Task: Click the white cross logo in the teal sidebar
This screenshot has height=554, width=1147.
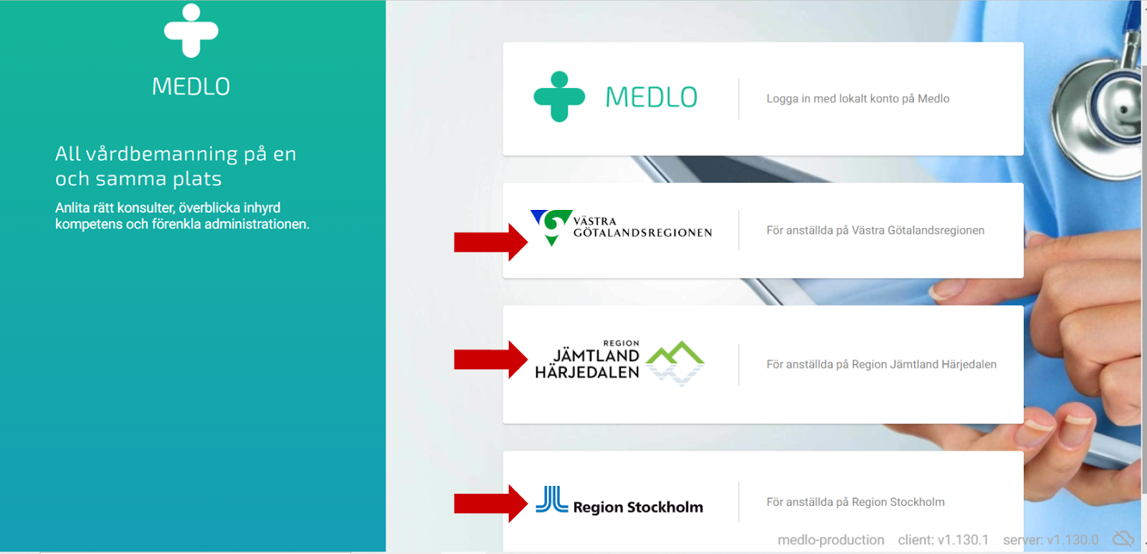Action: tap(191, 31)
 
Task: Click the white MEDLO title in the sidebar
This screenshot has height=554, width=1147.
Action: tap(191, 87)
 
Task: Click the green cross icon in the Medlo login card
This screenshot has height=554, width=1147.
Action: tap(559, 97)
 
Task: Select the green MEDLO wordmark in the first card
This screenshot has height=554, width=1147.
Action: tap(651, 97)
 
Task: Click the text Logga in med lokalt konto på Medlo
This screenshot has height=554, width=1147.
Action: tap(857, 99)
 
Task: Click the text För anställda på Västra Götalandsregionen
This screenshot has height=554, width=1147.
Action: tap(875, 230)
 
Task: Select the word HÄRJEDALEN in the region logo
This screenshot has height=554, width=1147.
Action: tap(587, 373)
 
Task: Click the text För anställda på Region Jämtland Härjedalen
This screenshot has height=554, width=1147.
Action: tap(881, 364)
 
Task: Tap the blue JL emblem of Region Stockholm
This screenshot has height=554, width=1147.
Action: tap(551, 500)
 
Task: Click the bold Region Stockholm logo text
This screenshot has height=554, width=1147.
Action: tap(638, 507)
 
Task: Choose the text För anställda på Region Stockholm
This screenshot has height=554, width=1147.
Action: tap(855, 502)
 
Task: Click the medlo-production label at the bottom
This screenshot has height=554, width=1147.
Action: tap(831, 540)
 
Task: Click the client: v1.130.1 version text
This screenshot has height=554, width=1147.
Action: tap(943, 540)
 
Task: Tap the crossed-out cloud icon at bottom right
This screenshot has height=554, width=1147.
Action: tap(1123, 538)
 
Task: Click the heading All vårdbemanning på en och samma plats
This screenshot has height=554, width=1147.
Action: tap(176, 166)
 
